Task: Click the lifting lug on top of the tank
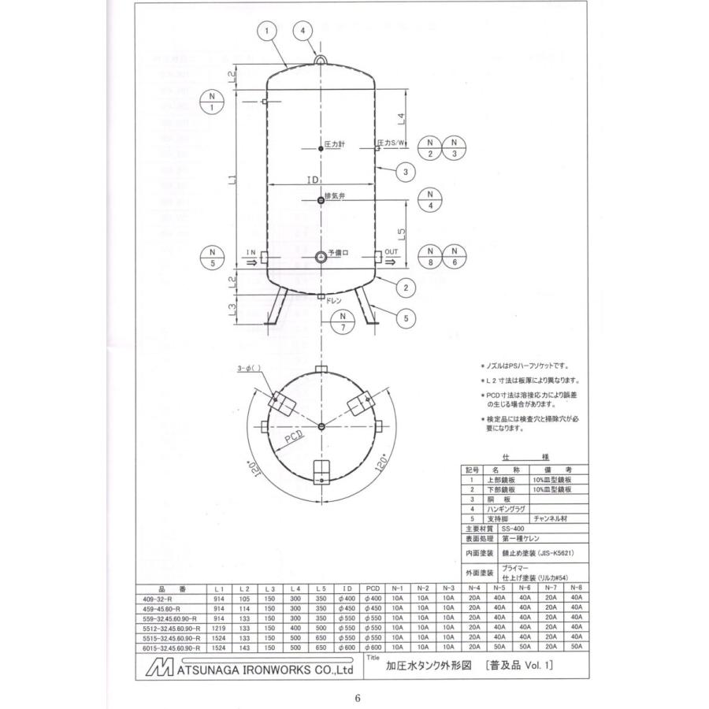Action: click(321, 58)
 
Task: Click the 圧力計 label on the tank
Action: click(336, 146)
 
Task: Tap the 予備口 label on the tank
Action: click(339, 253)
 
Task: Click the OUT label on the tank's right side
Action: click(392, 252)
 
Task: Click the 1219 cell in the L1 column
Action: click(219, 628)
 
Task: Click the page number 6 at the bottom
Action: click(357, 697)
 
